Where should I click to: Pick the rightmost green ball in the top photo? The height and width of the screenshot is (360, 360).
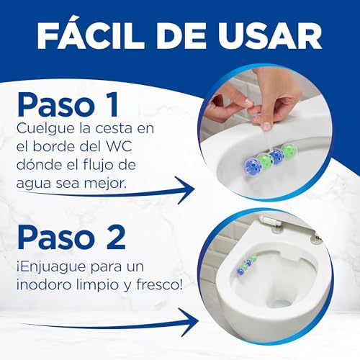pyautogui.click(x=289, y=151)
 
